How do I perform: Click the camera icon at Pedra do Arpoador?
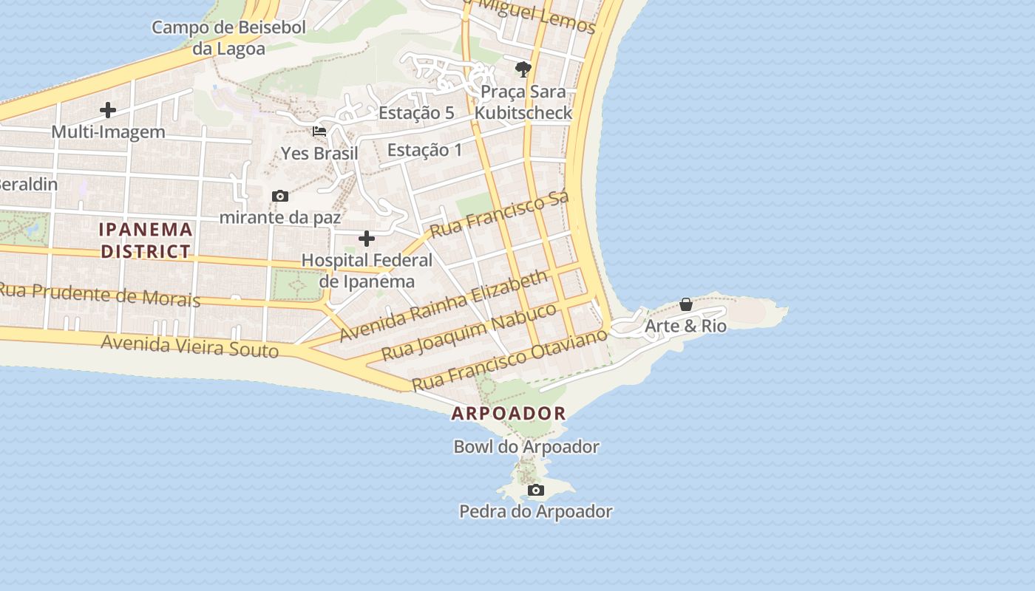(536, 491)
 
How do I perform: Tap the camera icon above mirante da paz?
(279, 196)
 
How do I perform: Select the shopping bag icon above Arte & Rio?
(686, 304)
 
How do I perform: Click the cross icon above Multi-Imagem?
(108, 111)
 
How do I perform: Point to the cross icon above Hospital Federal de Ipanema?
(366, 239)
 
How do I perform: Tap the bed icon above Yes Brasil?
(319, 131)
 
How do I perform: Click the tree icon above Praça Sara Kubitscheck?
(523, 70)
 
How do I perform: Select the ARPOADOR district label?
(509, 414)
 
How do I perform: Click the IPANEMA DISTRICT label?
(146, 240)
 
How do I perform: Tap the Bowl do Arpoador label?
(526, 447)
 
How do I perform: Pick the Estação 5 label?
(416, 113)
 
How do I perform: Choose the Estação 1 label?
(424, 150)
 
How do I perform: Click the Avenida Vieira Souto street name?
(189, 345)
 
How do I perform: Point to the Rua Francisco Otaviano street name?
(509, 360)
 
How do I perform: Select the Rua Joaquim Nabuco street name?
(469, 332)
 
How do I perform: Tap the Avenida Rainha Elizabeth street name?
(444, 305)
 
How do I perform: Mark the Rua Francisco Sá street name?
(499, 214)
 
